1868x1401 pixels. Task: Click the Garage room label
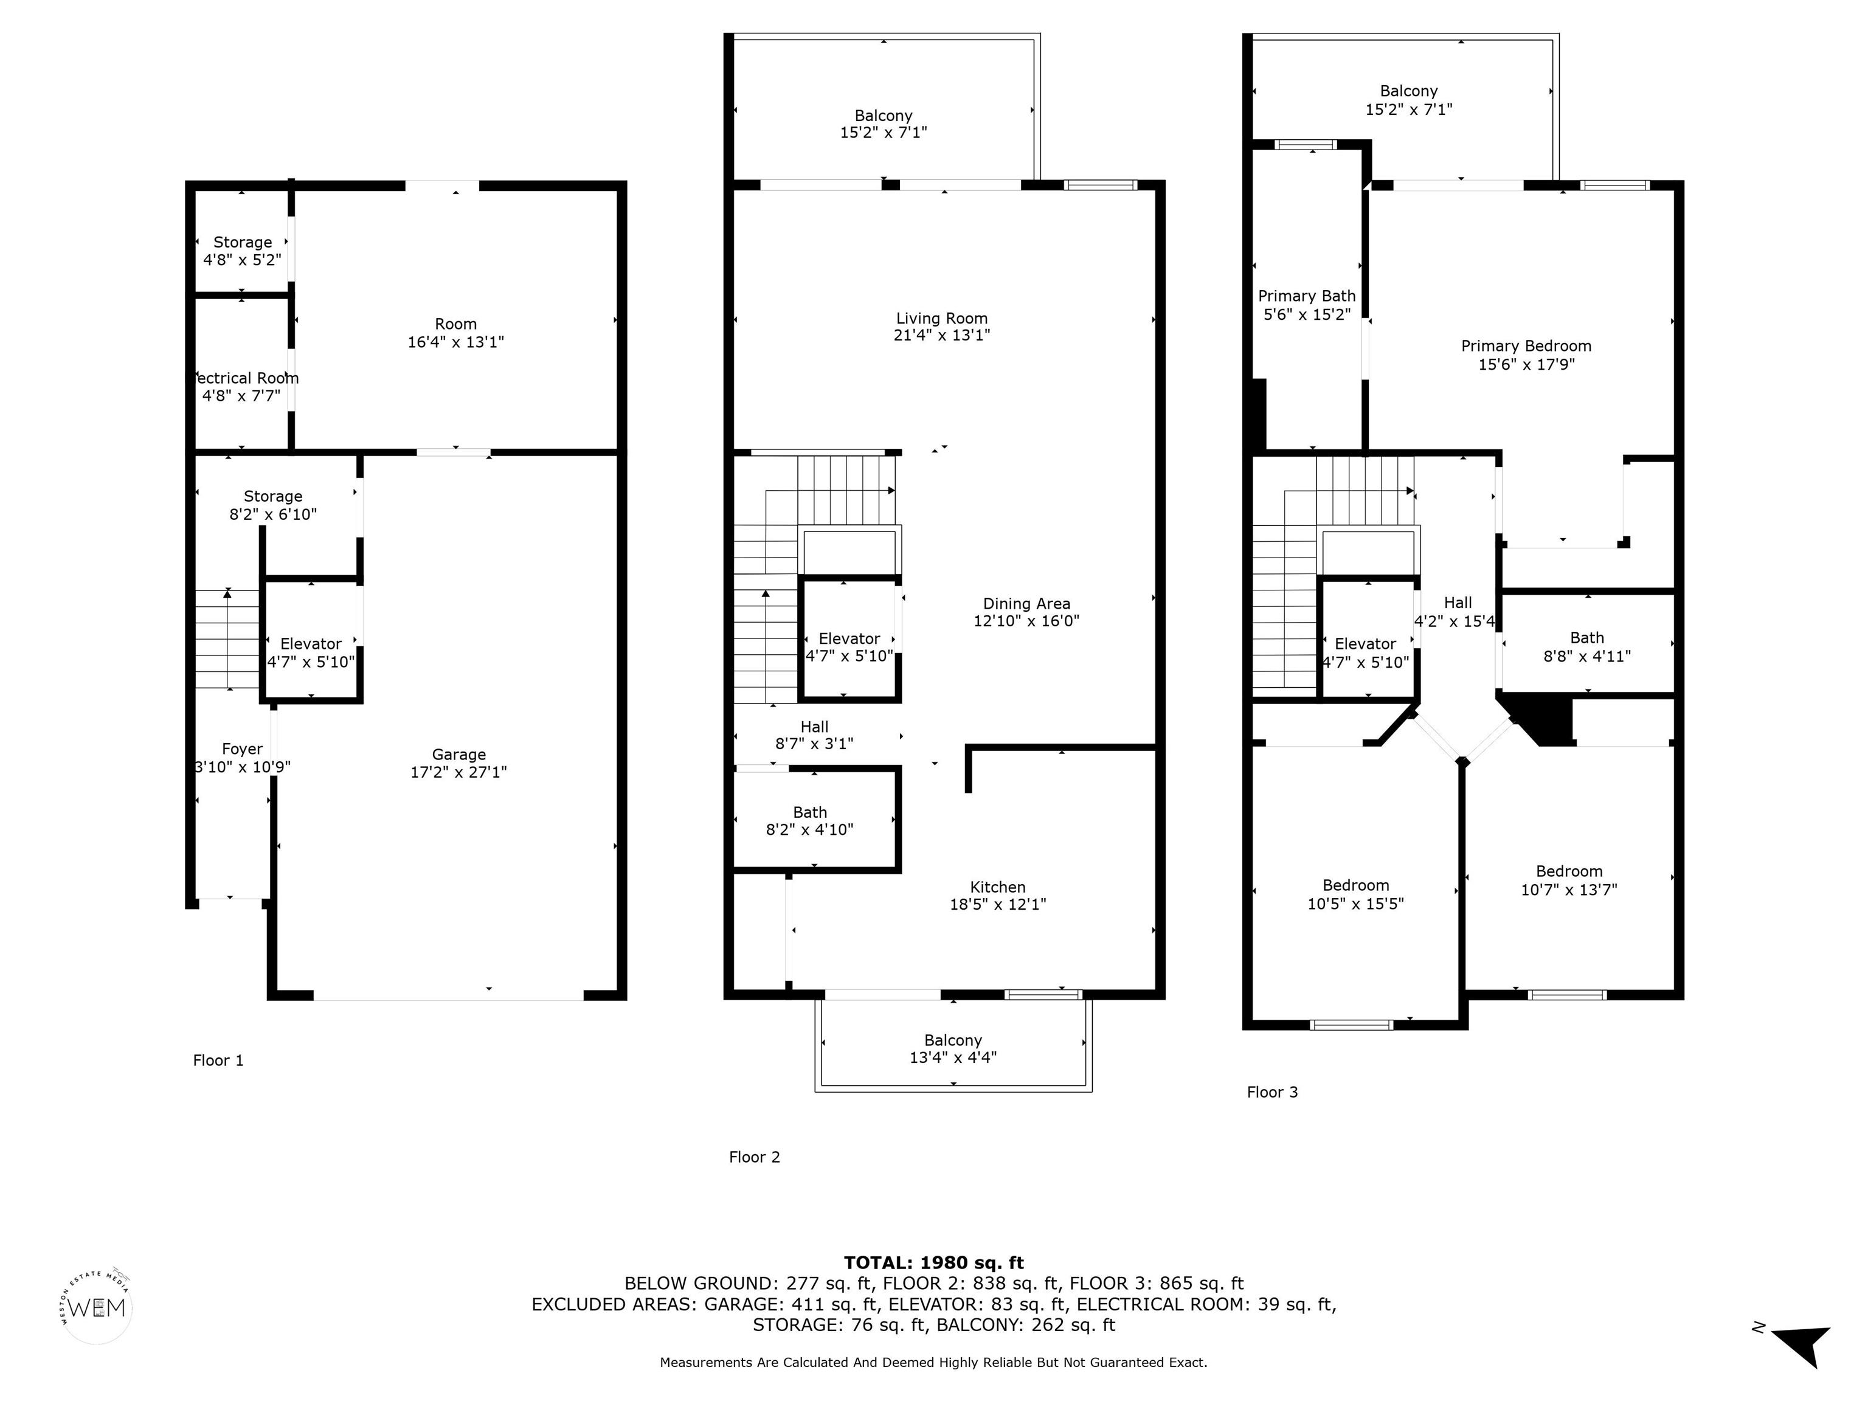[x=458, y=754]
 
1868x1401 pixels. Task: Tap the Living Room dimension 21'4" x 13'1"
[x=941, y=335]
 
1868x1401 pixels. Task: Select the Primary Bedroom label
[x=1526, y=346]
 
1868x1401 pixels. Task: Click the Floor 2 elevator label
[x=849, y=639]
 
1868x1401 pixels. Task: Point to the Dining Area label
[x=1026, y=604]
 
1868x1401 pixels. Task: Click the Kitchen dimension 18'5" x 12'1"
[x=997, y=904]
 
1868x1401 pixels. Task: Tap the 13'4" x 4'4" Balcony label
[x=953, y=1049]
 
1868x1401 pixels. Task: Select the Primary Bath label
[x=1306, y=296]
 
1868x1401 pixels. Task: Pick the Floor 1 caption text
[x=218, y=1060]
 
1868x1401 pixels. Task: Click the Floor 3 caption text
[x=1272, y=1092]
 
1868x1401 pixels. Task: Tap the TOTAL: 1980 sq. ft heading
[x=933, y=1262]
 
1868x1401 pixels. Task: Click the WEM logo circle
[x=97, y=1307]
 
